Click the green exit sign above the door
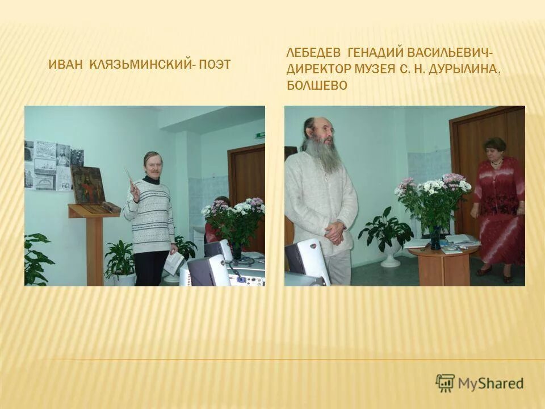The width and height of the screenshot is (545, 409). [261, 135]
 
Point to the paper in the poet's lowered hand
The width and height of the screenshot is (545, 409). [174, 262]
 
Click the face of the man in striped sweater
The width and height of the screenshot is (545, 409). [152, 165]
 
